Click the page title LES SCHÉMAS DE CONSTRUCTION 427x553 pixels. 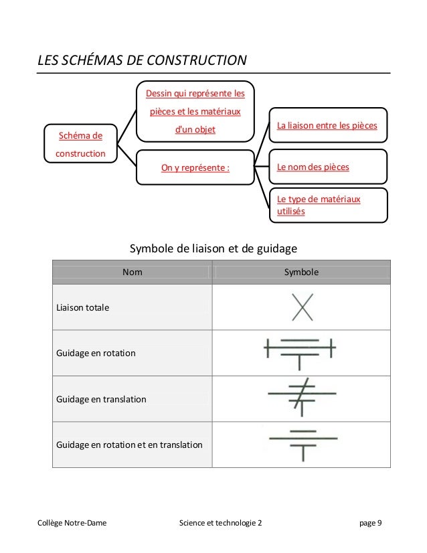(142, 62)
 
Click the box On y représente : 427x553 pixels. (195, 167)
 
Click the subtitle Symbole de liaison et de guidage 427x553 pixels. (212, 250)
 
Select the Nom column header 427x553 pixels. (132, 272)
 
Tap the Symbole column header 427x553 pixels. (301, 272)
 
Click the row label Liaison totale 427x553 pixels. (84, 307)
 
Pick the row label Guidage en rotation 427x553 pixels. (96, 353)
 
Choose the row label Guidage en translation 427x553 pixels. (101, 399)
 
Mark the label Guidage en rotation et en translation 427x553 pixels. (131, 445)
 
